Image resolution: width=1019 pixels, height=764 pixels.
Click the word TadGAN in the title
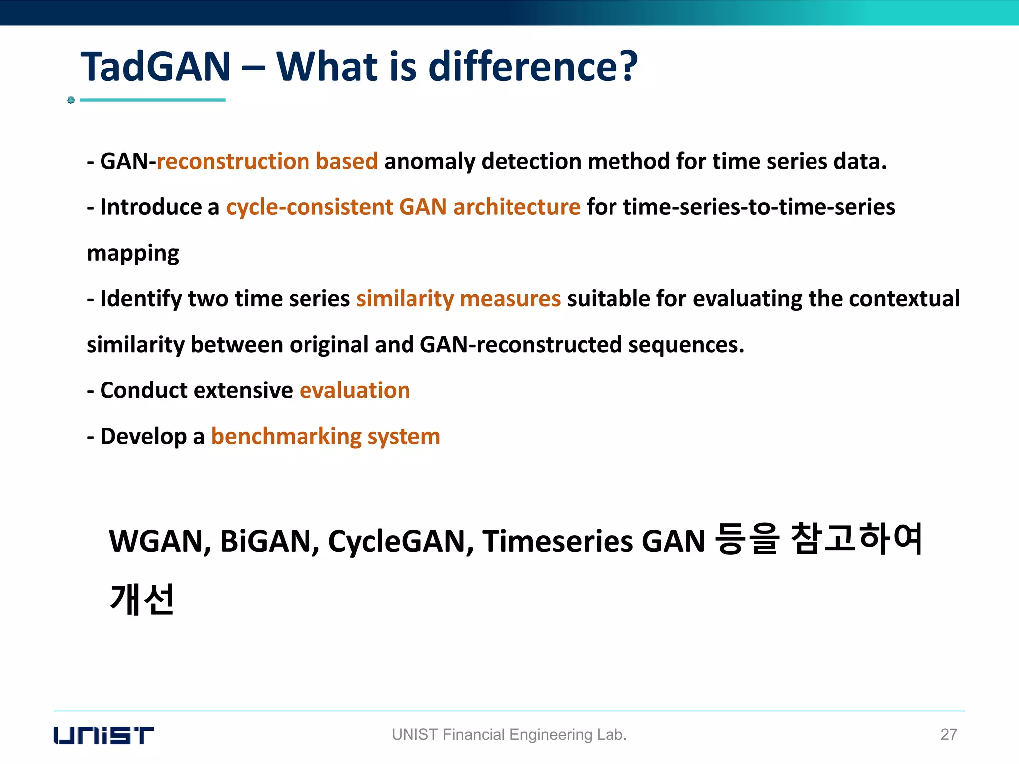click(156, 67)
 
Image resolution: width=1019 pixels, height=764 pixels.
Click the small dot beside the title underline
click(71, 100)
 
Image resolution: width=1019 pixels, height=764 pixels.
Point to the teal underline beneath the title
click(152, 100)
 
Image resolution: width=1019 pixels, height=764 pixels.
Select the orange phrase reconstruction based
click(267, 162)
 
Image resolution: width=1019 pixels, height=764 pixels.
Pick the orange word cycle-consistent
click(309, 207)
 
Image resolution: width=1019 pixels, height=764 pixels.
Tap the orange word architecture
click(516, 207)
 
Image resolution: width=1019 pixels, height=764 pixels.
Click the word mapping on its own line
click(132, 254)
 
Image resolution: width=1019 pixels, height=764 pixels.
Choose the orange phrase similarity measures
click(458, 299)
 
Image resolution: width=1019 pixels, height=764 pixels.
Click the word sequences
click(686, 345)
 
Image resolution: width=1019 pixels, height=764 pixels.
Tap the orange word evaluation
click(355, 390)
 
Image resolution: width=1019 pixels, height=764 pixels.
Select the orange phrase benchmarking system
click(325, 436)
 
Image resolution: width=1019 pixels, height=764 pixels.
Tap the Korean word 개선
click(142, 599)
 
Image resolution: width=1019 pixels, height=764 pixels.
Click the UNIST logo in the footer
click(103, 735)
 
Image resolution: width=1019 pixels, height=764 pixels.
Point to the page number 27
click(948, 734)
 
